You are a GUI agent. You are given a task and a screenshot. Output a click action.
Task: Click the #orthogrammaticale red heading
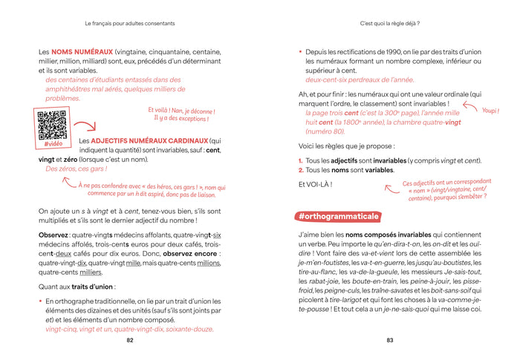(338, 216)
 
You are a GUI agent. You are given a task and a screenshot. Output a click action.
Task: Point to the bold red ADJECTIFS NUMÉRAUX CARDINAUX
(149, 140)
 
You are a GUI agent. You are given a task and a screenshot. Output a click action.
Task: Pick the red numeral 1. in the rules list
(301, 160)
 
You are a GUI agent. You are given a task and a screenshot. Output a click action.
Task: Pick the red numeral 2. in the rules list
(301, 170)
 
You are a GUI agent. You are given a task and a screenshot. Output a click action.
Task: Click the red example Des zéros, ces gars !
(76, 168)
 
